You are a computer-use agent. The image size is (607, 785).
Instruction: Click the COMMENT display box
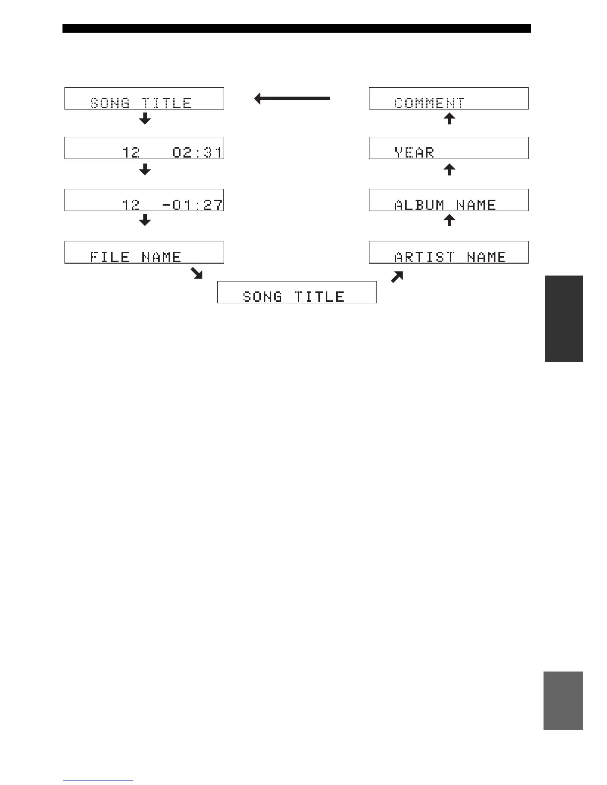tap(448, 98)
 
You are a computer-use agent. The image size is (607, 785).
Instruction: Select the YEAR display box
tap(448, 148)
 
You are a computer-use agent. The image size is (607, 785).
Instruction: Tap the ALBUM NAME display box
tap(448, 200)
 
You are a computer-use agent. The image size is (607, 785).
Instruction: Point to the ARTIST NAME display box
tap(448, 252)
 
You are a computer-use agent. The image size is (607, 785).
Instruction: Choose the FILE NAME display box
tap(144, 252)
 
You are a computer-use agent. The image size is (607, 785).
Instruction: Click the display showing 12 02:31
tap(144, 148)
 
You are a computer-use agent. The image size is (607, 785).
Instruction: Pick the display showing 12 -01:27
tap(144, 200)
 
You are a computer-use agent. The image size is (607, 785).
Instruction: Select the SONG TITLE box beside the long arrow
tap(144, 98)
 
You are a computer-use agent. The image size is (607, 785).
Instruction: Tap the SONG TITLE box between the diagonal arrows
tap(297, 292)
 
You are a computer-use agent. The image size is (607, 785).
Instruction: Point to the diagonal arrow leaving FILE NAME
tap(197, 274)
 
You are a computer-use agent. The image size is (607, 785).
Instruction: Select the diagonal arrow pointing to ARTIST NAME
tap(397, 277)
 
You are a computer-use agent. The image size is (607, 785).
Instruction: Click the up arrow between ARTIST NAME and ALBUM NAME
tap(449, 220)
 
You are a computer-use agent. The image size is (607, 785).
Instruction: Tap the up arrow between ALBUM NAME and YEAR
tap(449, 169)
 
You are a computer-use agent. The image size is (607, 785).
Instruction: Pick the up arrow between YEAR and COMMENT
tap(449, 118)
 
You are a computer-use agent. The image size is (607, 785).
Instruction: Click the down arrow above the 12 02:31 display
tap(145, 118)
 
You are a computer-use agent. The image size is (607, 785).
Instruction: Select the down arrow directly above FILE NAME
tap(145, 220)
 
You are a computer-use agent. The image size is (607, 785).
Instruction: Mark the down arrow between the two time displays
tap(145, 169)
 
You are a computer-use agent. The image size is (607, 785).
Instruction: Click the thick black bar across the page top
tap(297, 28)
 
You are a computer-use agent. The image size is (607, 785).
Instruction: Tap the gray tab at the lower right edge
tap(563, 700)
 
